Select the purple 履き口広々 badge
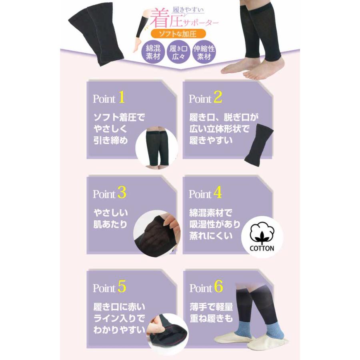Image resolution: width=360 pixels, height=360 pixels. (x=179, y=52)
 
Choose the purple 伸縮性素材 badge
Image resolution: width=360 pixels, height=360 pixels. (x=204, y=52)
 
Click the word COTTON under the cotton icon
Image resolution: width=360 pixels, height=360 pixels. (x=262, y=248)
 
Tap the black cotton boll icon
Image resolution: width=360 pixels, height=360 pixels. (x=262, y=234)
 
